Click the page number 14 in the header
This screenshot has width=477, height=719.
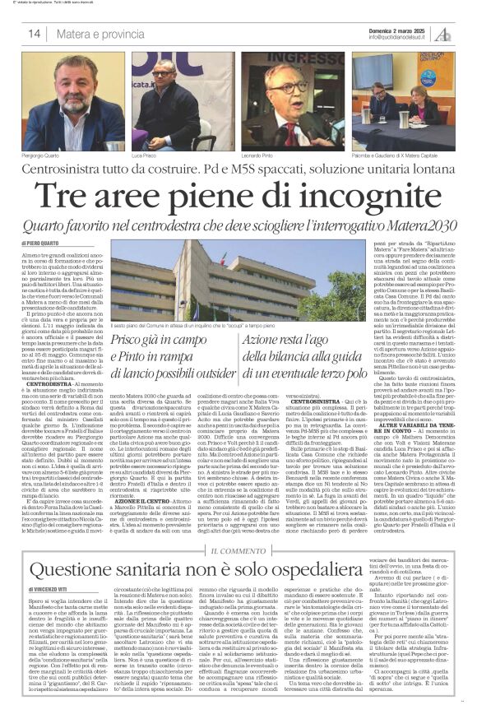coord(35,34)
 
